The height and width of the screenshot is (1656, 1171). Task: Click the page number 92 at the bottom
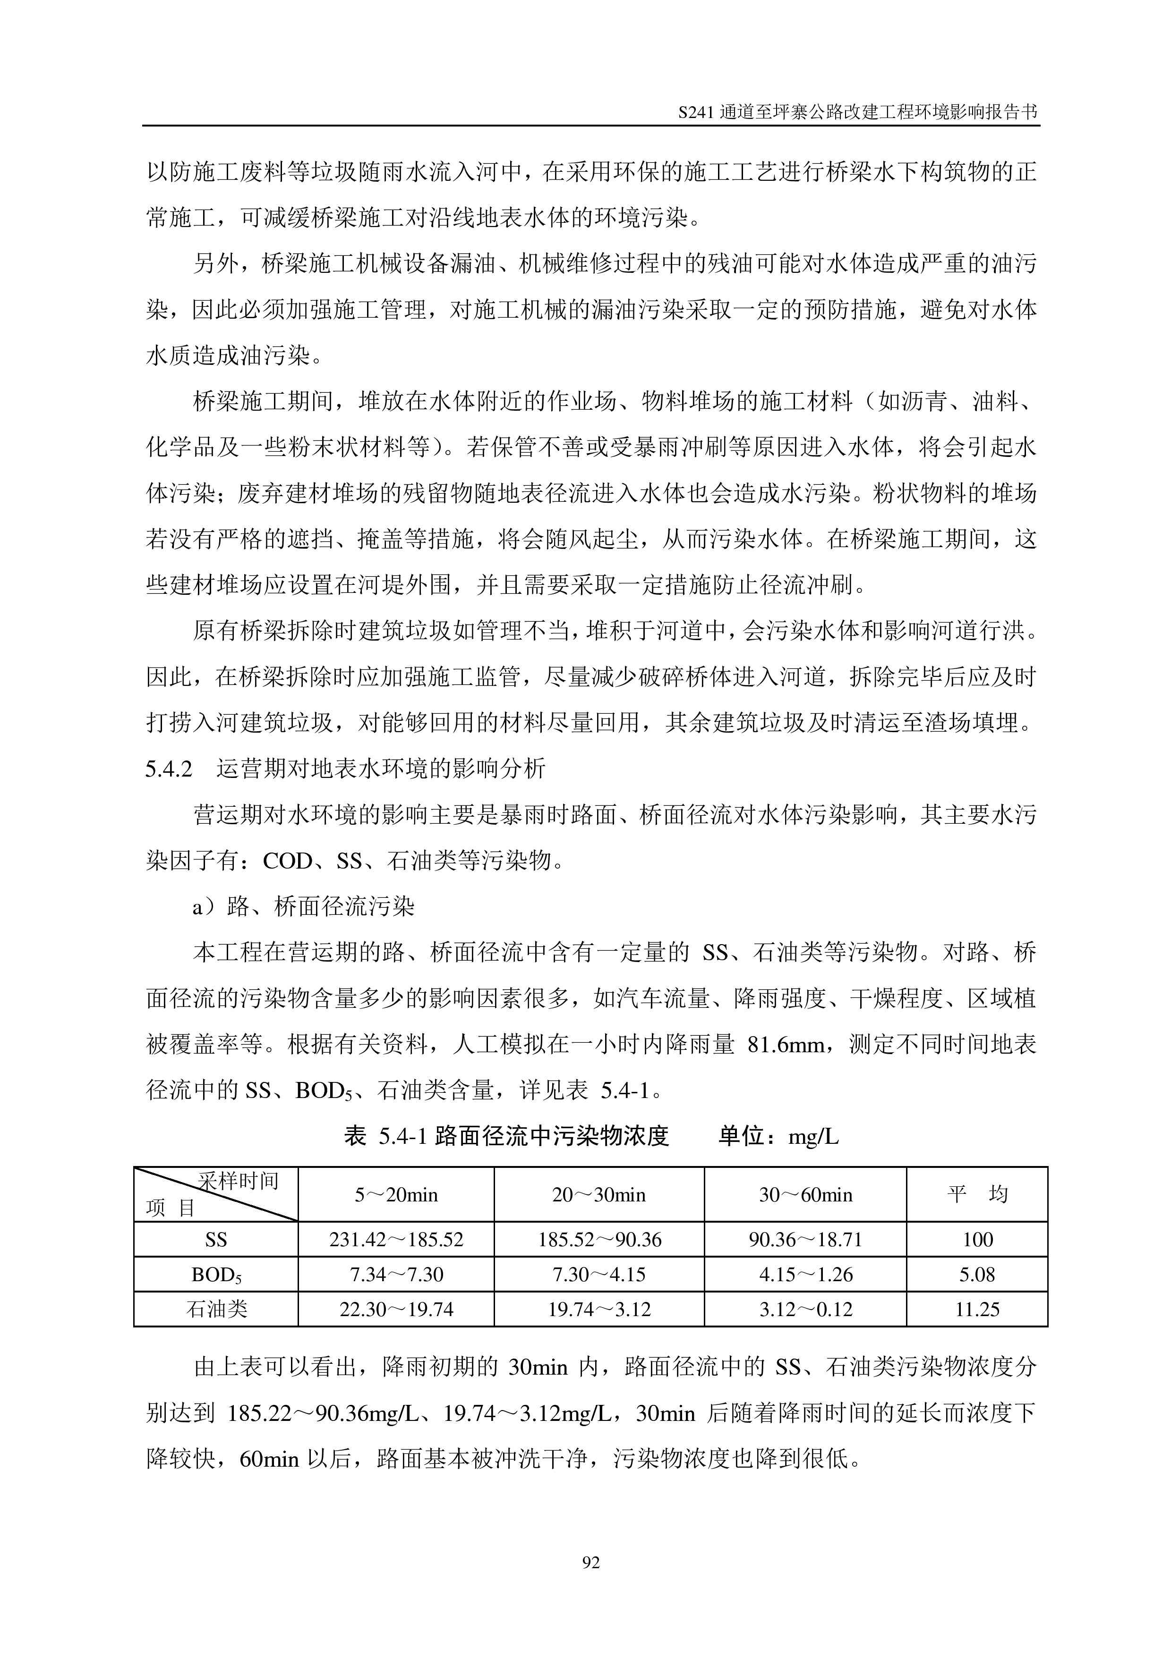click(x=590, y=1562)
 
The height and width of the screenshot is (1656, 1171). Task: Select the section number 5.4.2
click(x=169, y=769)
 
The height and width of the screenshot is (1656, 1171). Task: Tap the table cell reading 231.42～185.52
click(x=396, y=1239)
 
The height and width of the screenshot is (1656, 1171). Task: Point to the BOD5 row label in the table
click(x=216, y=1275)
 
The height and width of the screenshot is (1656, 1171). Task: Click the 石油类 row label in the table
click(x=216, y=1309)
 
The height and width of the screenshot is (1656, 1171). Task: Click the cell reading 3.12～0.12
click(x=805, y=1309)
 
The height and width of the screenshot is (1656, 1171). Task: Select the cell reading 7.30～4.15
click(x=599, y=1275)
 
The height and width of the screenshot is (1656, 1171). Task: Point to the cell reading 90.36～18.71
click(x=805, y=1239)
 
